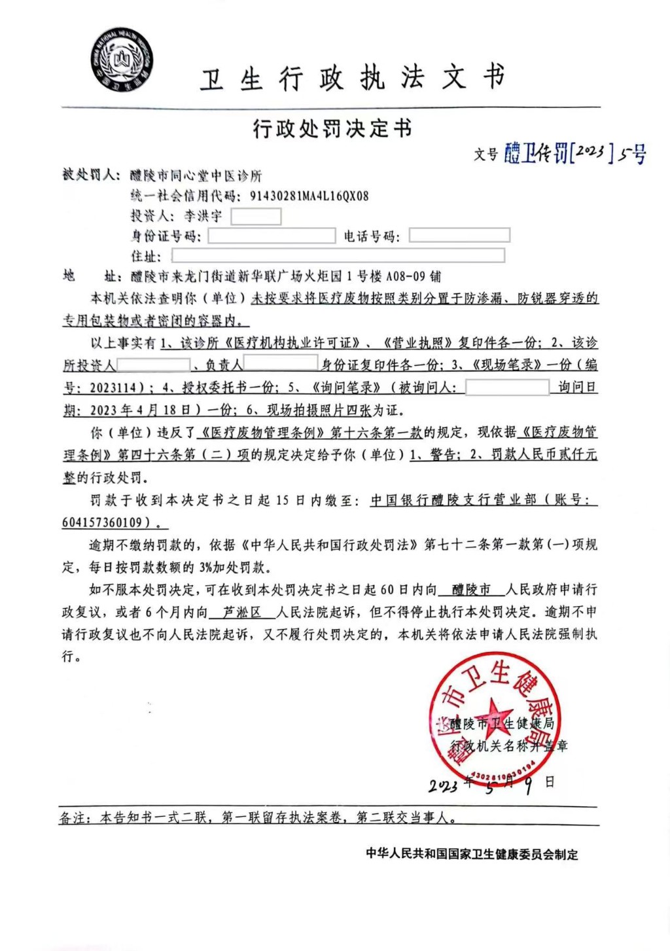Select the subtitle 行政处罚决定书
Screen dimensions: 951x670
(x=332, y=129)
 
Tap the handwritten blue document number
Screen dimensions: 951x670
(x=574, y=154)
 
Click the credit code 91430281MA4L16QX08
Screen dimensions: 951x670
(x=309, y=196)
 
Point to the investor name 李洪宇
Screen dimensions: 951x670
(x=203, y=216)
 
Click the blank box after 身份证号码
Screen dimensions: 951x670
(x=272, y=236)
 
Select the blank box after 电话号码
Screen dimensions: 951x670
(x=459, y=236)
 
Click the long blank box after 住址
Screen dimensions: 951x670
(x=338, y=255)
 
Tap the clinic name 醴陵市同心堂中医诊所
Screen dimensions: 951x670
(x=196, y=175)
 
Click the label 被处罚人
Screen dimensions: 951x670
(x=90, y=175)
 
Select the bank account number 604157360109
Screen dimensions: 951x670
(x=102, y=522)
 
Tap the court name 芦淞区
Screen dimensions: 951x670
(x=242, y=612)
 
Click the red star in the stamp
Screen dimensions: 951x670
(x=493, y=713)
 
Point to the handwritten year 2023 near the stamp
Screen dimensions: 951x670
(x=444, y=785)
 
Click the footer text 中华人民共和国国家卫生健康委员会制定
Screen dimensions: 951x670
(x=472, y=854)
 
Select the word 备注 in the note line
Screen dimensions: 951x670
(x=73, y=817)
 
